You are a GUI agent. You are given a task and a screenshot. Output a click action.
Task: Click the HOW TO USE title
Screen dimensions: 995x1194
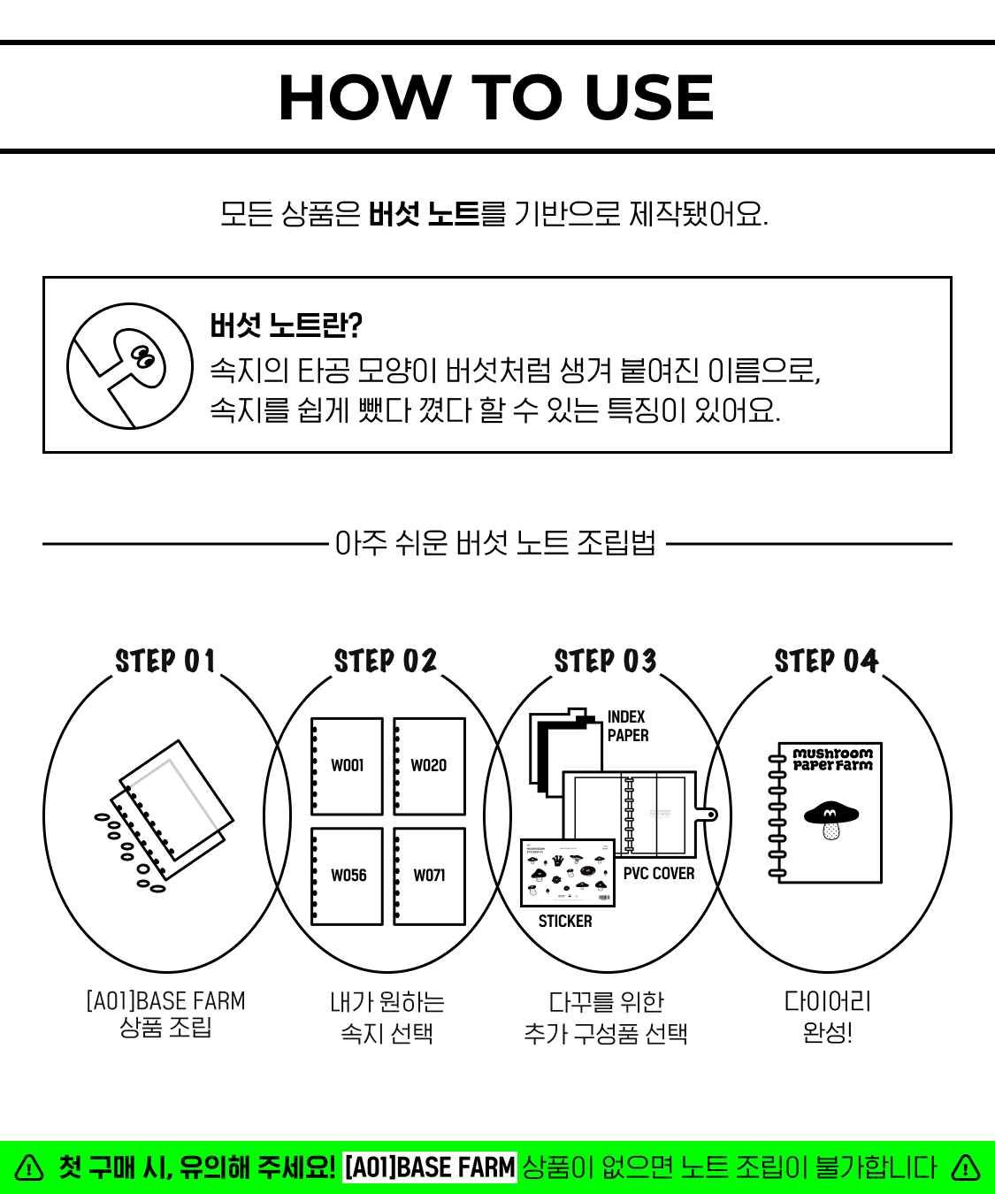click(x=496, y=97)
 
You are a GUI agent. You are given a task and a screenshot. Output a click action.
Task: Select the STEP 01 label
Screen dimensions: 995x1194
click(x=165, y=661)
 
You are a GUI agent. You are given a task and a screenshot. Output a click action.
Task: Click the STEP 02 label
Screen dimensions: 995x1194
click(x=386, y=661)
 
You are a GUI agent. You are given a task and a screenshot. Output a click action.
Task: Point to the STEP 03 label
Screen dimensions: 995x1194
click(x=606, y=661)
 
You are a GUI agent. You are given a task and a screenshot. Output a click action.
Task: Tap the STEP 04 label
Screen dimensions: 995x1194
click(x=826, y=661)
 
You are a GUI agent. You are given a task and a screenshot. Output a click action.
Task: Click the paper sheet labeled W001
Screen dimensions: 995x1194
click(x=347, y=766)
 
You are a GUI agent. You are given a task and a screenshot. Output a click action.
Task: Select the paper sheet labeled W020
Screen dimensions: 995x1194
click(x=430, y=766)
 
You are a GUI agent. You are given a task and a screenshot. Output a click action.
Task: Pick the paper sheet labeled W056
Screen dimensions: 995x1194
click(x=347, y=876)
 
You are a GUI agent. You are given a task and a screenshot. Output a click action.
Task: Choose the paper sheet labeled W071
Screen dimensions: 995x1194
click(x=430, y=876)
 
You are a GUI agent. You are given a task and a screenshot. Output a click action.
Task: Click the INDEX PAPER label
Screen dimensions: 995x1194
click(x=627, y=726)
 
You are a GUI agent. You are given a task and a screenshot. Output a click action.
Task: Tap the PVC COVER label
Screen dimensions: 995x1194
click(x=659, y=873)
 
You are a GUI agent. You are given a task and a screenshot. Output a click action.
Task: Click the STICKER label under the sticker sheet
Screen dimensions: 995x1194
click(x=565, y=922)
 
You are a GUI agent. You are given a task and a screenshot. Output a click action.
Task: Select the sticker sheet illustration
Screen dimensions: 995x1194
click(x=568, y=873)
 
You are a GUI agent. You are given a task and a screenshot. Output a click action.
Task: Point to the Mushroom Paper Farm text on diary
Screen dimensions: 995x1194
click(x=832, y=760)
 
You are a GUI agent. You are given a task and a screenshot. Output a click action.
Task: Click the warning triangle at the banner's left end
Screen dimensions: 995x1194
click(x=29, y=1167)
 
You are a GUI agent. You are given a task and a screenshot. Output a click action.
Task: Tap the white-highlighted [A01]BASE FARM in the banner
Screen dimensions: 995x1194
click(x=430, y=1167)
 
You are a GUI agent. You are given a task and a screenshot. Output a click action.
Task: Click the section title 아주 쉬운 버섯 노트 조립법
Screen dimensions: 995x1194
click(x=495, y=543)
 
